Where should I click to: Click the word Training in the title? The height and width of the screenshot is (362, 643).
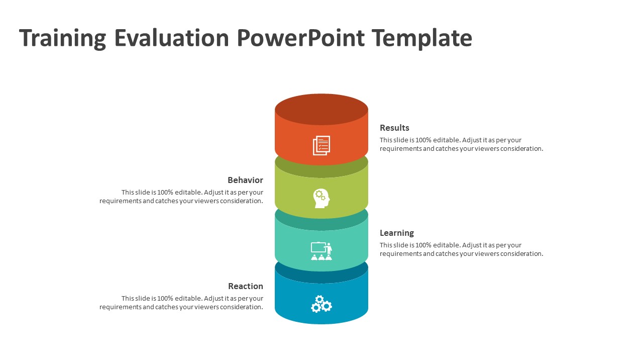click(x=63, y=39)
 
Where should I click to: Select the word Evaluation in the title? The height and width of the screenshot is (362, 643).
click(x=171, y=39)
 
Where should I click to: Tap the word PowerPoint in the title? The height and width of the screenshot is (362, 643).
click(x=301, y=39)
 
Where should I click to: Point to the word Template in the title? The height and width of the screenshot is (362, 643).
click(x=422, y=39)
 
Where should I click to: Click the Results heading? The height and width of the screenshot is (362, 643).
click(x=394, y=128)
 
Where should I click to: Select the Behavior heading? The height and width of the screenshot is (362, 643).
click(x=245, y=180)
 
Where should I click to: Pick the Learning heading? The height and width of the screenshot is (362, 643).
click(x=397, y=233)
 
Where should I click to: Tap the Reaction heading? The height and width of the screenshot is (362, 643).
click(x=246, y=286)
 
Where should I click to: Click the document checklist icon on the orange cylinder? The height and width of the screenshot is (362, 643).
click(x=321, y=145)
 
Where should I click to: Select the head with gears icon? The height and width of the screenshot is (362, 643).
click(x=321, y=198)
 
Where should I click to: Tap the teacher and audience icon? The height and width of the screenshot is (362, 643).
click(x=321, y=251)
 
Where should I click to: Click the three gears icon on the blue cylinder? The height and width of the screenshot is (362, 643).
click(x=321, y=304)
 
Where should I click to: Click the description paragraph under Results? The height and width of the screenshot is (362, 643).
click(x=461, y=144)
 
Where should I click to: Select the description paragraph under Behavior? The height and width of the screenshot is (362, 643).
click(x=181, y=197)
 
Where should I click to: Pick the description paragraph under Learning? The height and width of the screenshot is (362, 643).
click(x=461, y=249)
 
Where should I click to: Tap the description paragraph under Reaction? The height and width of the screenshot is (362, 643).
click(x=181, y=303)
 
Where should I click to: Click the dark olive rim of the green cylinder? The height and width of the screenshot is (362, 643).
click(x=321, y=170)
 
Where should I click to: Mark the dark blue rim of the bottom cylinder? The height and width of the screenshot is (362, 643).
click(x=321, y=277)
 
